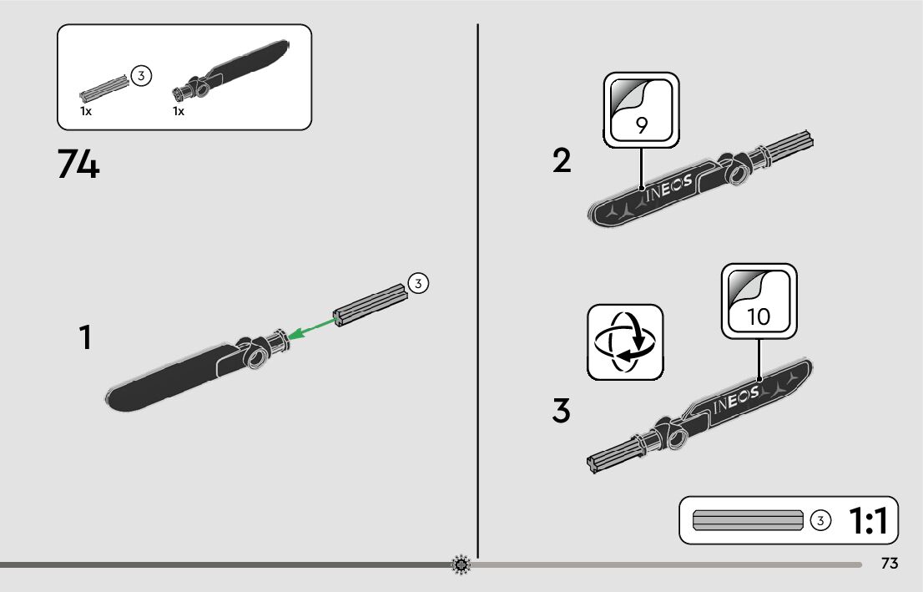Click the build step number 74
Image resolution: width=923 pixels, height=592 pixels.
point(78,164)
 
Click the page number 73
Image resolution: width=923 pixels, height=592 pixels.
point(889,564)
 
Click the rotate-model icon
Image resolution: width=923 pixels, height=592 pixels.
point(625,342)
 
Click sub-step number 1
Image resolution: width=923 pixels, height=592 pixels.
point(84,338)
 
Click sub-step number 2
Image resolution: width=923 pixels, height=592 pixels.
point(562,160)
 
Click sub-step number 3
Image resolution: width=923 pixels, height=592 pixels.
point(562,411)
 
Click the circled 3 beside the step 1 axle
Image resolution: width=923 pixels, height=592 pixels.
point(418,284)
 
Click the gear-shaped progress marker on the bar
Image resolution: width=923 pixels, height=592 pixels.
point(461,565)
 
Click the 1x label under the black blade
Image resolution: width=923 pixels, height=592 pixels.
point(179,111)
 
